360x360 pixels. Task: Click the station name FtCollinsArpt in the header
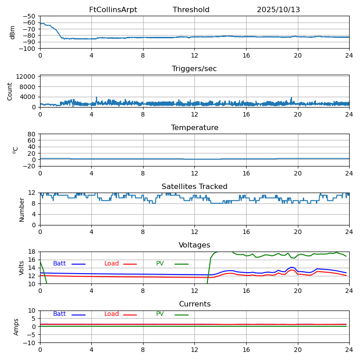tap(113, 10)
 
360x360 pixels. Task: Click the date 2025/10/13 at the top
tap(278, 10)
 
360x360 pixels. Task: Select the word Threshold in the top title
tap(191, 10)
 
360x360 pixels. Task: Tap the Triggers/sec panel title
tap(194, 69)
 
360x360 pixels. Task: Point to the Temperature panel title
tap(194, 128)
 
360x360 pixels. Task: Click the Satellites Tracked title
tap(194, 187)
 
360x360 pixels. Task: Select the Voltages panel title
tap(194, 245)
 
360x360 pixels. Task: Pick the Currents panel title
tap(194, 304)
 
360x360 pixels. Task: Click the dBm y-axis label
tap(13, 32)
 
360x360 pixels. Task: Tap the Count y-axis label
tap(10, 91)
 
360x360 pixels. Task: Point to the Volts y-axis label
tap(22, 268)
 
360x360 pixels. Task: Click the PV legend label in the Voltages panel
tap(160, 264)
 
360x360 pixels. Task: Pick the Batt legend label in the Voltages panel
tap(59, 264)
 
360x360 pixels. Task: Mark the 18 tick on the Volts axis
tap(32, 252)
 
